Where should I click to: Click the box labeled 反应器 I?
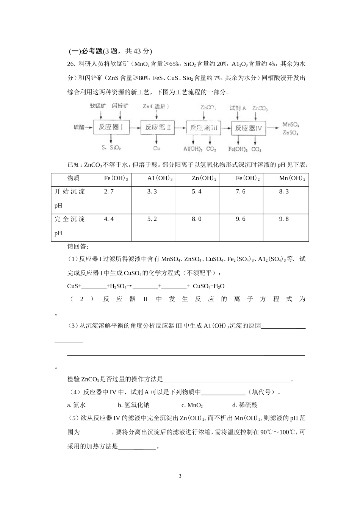(x=111, y=128)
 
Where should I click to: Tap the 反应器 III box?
(x=203, y=128)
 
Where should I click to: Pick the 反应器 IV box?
(x=248, y=128)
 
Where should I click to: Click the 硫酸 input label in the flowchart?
(x=79, y=128)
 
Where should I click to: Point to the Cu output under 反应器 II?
(x=157, y=148)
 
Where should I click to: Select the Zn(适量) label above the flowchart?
(x=156, y=107)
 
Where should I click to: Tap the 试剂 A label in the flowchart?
(x=238, y=108)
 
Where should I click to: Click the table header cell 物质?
(x=73, y=178)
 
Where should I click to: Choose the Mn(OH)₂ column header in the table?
(x=292, y=178)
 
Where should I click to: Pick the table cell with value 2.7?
(x=109, y=192)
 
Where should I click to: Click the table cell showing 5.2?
(x=152, y=219)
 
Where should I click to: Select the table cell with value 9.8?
(x=284, y=219)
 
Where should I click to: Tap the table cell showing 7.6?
(x=241, y=192)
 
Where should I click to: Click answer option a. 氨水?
(x=77, y=405)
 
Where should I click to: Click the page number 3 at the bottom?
(x=180, y=476)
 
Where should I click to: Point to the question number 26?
(x=71, y=64)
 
